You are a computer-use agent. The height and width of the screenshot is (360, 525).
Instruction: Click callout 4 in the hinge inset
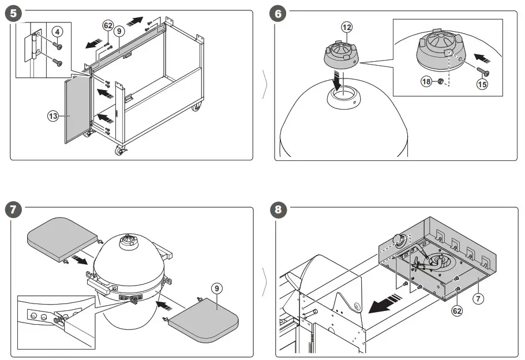57,31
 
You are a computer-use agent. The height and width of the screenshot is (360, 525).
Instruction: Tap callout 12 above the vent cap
346,27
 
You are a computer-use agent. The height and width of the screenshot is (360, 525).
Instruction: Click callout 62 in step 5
107,25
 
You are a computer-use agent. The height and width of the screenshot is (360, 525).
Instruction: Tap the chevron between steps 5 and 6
264,84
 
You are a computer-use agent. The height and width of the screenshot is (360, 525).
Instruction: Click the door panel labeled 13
77,110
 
